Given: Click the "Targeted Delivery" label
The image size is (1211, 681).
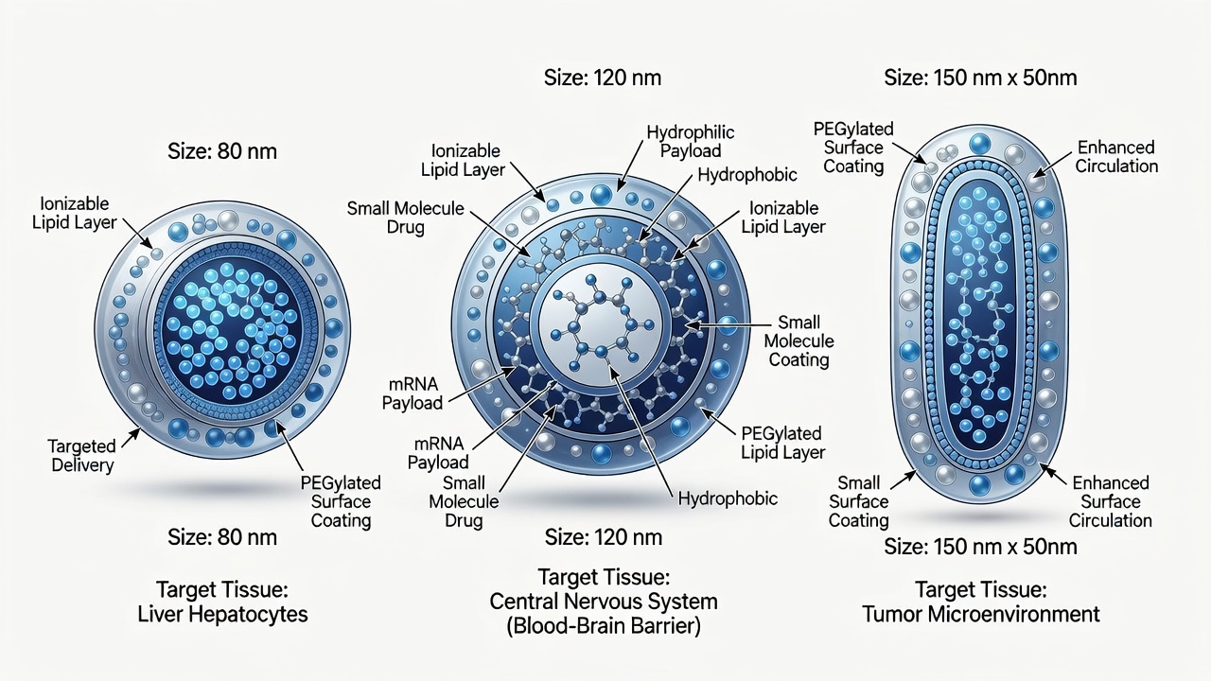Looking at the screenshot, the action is [81, 456].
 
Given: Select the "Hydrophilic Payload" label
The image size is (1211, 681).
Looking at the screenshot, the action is [691, 142].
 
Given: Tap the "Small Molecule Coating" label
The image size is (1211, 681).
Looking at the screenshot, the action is [799, 341].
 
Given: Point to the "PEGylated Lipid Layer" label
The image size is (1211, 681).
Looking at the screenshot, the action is [782, 443].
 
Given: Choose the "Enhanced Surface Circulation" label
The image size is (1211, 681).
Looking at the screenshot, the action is [1111, 501].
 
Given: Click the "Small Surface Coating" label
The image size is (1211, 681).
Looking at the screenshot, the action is [858, 501].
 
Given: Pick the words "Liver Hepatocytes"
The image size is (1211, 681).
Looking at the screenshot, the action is [222, 614].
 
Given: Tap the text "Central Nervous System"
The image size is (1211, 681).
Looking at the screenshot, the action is [604, 601].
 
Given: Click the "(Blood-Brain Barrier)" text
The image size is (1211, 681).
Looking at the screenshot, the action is [604, 626].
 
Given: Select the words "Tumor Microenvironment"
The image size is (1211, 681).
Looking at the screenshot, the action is [981, 614].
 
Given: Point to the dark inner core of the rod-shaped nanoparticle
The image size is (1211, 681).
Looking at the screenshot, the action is [978, 313].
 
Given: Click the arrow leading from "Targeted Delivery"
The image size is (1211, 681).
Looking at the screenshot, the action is [132, 438].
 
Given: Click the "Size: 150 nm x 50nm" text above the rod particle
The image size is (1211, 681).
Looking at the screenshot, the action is [981, 78].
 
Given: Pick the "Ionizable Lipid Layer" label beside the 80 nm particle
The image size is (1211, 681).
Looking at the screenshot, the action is [74, 213].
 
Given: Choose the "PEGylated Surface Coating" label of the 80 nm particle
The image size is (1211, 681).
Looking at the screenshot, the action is [341, 501].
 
